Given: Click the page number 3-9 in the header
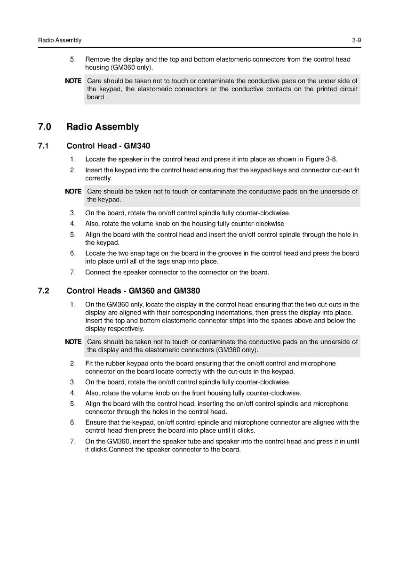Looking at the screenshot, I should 356,40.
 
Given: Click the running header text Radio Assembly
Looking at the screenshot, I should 60,40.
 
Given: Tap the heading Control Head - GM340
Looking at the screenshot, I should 108,146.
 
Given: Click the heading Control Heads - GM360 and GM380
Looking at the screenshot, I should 133,291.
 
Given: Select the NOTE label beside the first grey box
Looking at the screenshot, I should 73,81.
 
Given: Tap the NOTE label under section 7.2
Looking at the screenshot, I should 73,342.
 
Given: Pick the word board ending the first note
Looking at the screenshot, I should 96,97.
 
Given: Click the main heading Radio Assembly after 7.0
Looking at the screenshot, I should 103,127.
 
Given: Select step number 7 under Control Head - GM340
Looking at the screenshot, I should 72,272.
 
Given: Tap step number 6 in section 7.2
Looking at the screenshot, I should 72,422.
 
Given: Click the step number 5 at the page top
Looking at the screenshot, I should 72,60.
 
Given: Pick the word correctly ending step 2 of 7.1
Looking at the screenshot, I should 98,179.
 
